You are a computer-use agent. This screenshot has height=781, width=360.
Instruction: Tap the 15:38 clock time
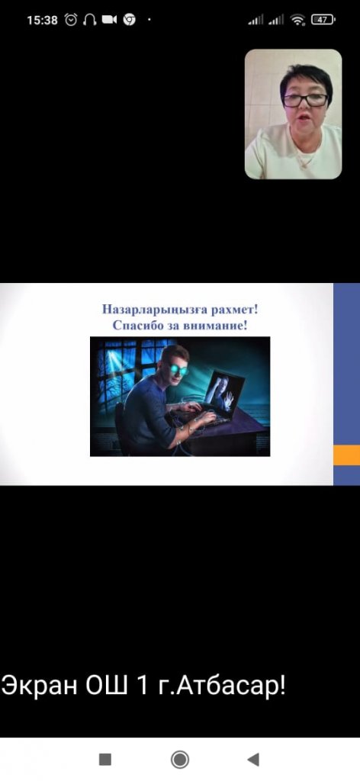pyautogui.click(x=42, y=20)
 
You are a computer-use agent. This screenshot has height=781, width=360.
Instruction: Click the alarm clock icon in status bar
pyautogui.click(x=71, y=20)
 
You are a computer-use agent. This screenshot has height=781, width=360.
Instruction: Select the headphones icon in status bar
pyautogui.click(x=90, y=20)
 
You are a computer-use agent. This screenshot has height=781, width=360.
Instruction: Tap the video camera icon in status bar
pyautogui.click(x=109, y=20)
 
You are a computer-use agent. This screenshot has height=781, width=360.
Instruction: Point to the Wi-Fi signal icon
pyautogui.click(x=298, y=20)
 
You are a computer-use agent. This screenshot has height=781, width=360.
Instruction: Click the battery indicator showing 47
pyautogui.click(x=323, y=20)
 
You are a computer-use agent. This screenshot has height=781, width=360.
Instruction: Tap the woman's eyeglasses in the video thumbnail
pyautogui.click(x=305, y=100)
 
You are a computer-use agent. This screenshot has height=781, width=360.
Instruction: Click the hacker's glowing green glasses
pyautogui.click(x=178, y=370)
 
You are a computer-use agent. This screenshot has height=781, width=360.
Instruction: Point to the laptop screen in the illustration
pyautogui.click(x=224, y=393)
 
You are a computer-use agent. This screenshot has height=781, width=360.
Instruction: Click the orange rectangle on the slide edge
pyautogui.click(x=346, y=455)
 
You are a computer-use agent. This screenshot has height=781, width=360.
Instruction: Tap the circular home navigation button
pyautogui.click(x=180, y=760)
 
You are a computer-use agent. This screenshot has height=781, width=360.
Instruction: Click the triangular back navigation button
pyautogui.click(x=253, y=760)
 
